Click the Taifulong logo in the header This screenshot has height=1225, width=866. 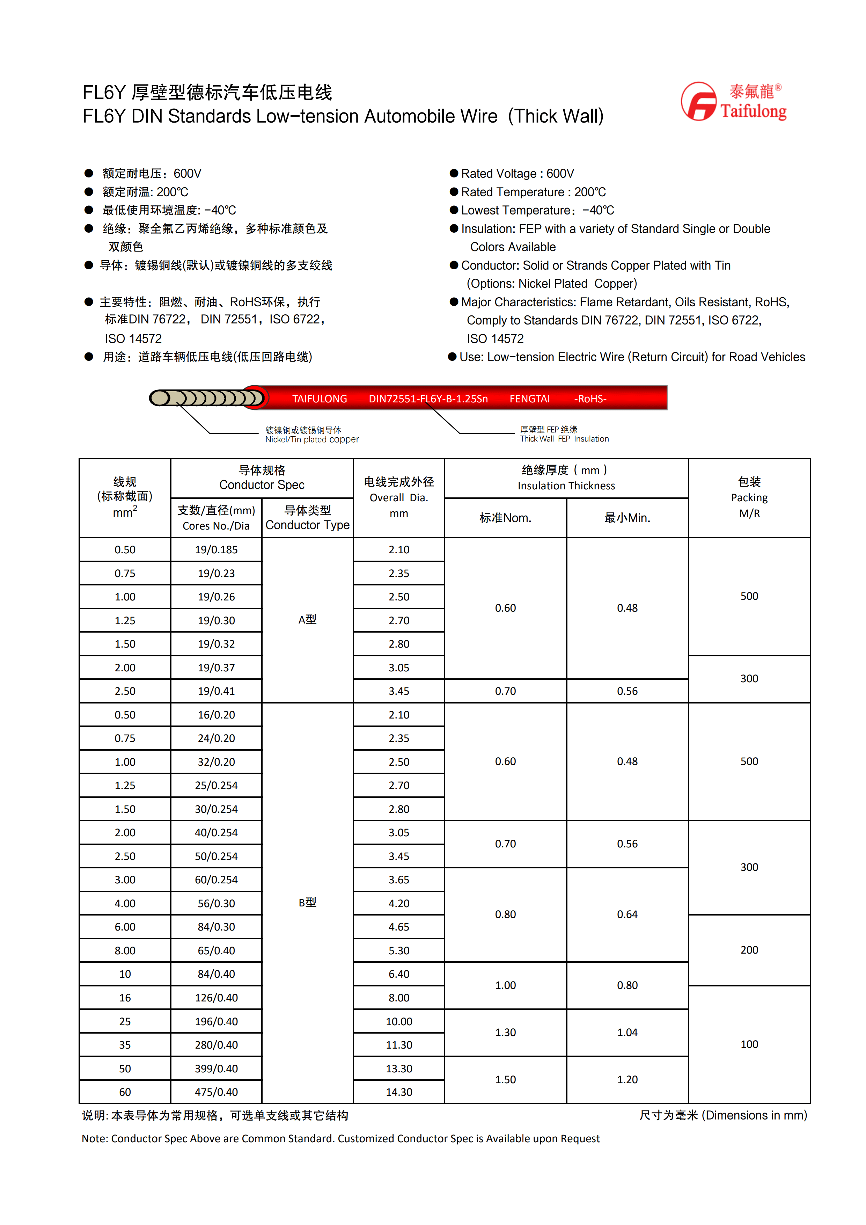click(733, 101)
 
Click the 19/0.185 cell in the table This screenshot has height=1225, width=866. click(216, 549)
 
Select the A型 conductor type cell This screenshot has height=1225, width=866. click(307, 619)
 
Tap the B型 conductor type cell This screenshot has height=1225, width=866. click(307, 902)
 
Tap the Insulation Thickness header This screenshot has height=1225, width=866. click(566, 478)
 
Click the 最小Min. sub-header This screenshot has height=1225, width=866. click(627, 518)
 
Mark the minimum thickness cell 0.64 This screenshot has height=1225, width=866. click(627, 914)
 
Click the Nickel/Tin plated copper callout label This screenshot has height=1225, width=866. click(312, 435)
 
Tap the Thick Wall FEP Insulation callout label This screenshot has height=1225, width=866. click(564, 434)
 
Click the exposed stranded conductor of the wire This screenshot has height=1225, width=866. click(208, 398)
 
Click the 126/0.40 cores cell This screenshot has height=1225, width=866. click(216, 998)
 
